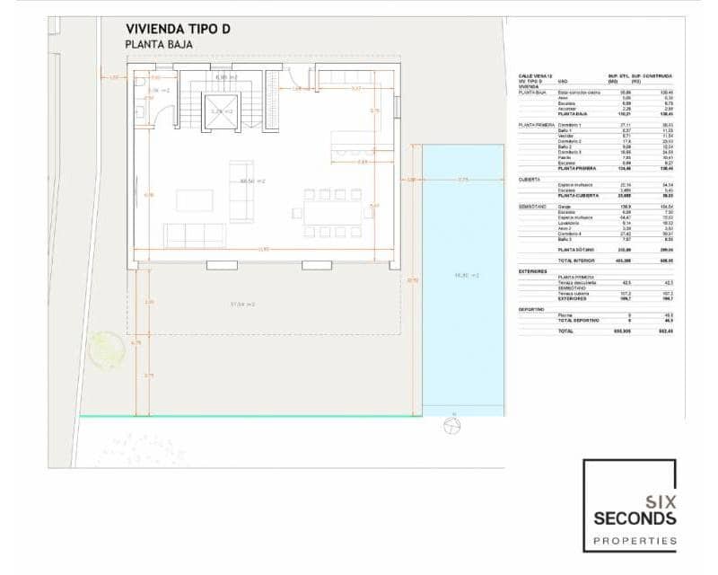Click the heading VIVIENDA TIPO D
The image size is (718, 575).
[179, 29]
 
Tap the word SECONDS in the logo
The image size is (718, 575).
[635, 519]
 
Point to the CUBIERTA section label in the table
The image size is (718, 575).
[530, 179]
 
